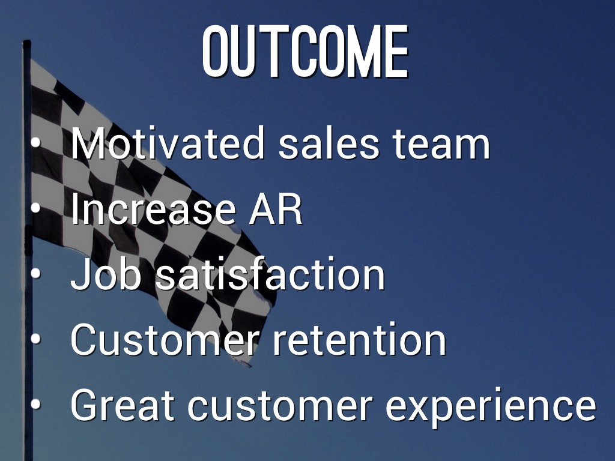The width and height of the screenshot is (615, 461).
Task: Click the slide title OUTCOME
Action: tap(306, 51)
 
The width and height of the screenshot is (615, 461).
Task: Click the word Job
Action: tap(106, 274)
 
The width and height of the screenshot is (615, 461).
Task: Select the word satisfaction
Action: tap(270, 274)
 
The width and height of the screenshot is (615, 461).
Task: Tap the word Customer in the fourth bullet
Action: tap(165, 340)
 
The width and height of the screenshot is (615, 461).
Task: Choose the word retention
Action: tap(359, 340)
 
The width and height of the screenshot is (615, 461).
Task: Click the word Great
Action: tap(123, 405)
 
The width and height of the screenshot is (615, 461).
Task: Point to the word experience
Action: tap(491, 408)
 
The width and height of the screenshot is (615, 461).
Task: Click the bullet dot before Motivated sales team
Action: tap(35, 143)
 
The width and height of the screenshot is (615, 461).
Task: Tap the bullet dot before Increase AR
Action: tap(35, 208)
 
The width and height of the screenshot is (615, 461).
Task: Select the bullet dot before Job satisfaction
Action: tap(35, 274)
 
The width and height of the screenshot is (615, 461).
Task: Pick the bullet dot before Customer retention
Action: tap(35, 339)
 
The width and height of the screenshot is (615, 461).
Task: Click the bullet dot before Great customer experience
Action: tap(35, 404)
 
